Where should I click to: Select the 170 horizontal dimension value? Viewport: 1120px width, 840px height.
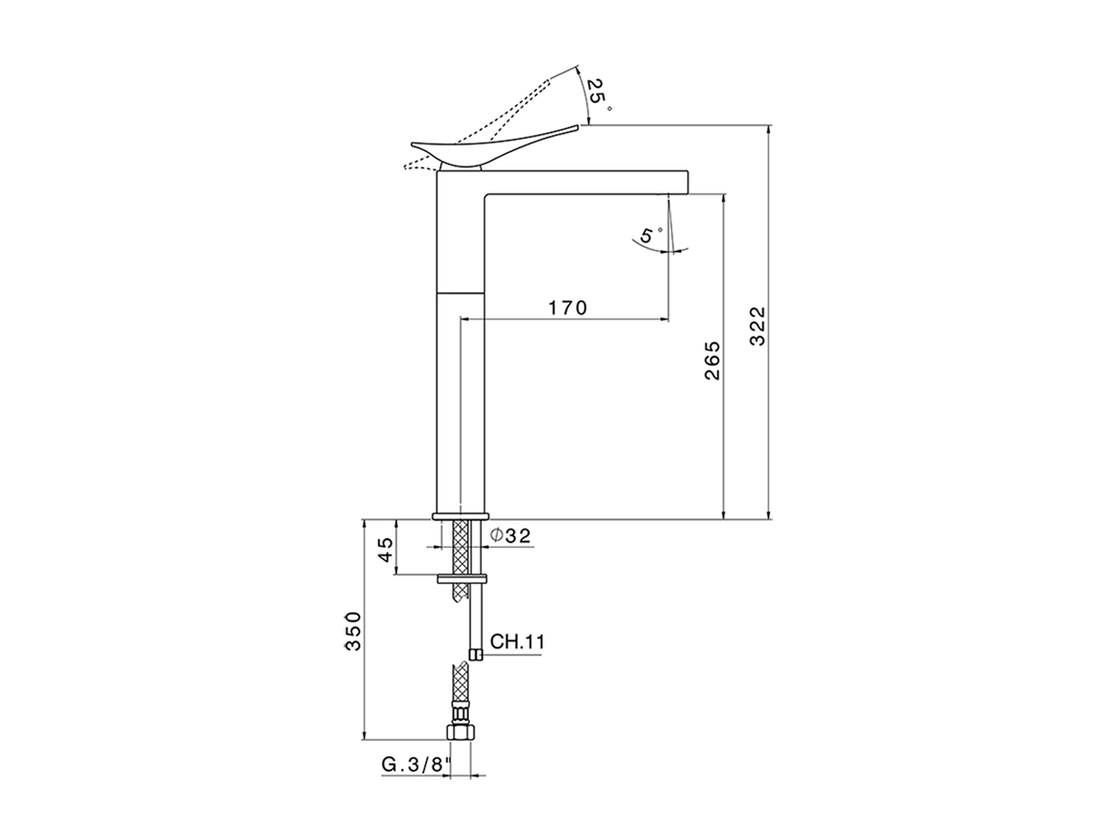[x=568, y=308]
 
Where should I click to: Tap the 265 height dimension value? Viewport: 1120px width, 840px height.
[x=711, y=360]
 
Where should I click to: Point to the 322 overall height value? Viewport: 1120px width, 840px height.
[x=758, y=325]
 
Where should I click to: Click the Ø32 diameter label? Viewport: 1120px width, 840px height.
[x=511, y=535]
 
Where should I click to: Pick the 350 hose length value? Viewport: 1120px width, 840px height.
[x=352, y=630]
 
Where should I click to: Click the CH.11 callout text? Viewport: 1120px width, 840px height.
[x=518, y=642]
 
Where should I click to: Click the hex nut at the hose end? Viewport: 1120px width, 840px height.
[x=458, y=731]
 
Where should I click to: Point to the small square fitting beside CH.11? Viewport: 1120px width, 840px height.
[x=475, y=654]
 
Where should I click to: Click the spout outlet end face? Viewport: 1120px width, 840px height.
[x=689, y=181]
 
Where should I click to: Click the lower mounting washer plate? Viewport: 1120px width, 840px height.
[x=462, y=577]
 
